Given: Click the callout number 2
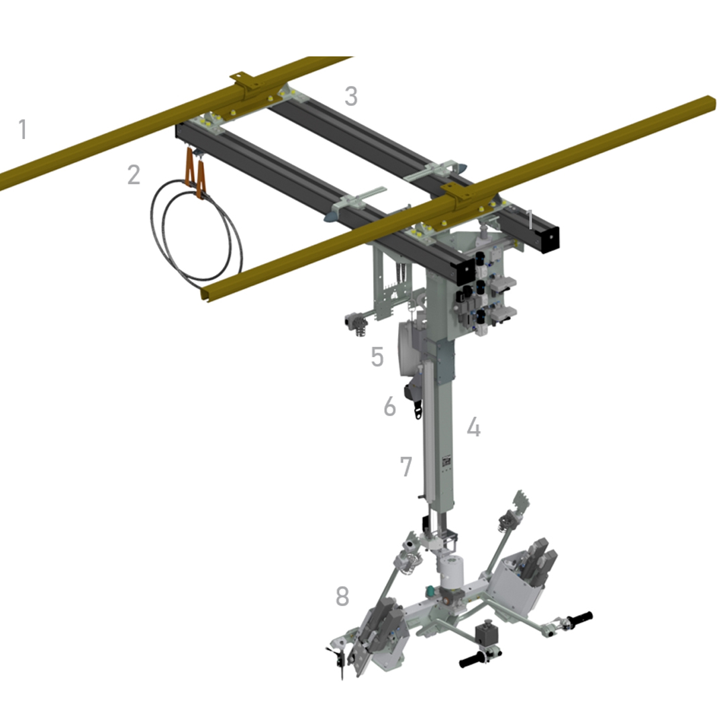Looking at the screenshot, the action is click(x=134, y=175).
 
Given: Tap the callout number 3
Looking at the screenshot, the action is click(x=351, y=96).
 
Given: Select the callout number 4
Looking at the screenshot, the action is click(x=473, y=427).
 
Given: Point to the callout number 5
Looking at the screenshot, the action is click(x=377, y=356).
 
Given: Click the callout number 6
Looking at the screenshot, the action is click(x=390, y=406).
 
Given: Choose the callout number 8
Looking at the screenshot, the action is click(x=342, y=596).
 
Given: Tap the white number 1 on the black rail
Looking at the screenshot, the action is click(x=530, y=219).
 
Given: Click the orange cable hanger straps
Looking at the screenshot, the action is click(x=195, y=172).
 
